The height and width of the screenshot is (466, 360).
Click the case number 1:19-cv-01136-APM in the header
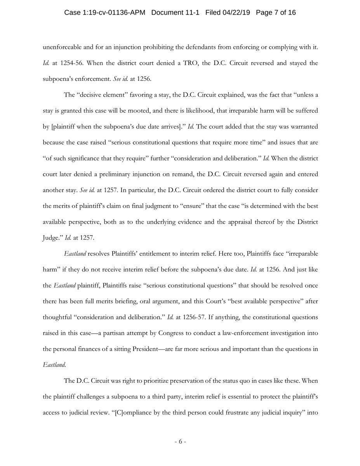(x=105, y=13)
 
